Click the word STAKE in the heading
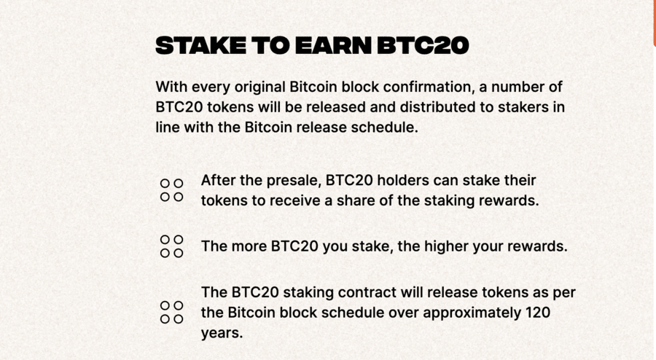pyautogui.click(x=201, y=46)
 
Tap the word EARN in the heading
pyautogui.click(x=333, y=46)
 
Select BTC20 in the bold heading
pyautogui.click(x=423, y=46)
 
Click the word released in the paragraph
pyautogui.click(x=336, y=107)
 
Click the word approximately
pyautogui.click(x=450, y=313)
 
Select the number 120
pyautogui.click(x=538, y=313)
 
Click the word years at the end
pyautogui.click(x=222, y=333)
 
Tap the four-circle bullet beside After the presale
pyautogui.click(x=165, y=184)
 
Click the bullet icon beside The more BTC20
pyautogui.click(x=165, y=240)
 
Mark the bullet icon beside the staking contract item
pyautogui.click(x=165, y=305)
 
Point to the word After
pyautogui.click(x=219, y=181)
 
